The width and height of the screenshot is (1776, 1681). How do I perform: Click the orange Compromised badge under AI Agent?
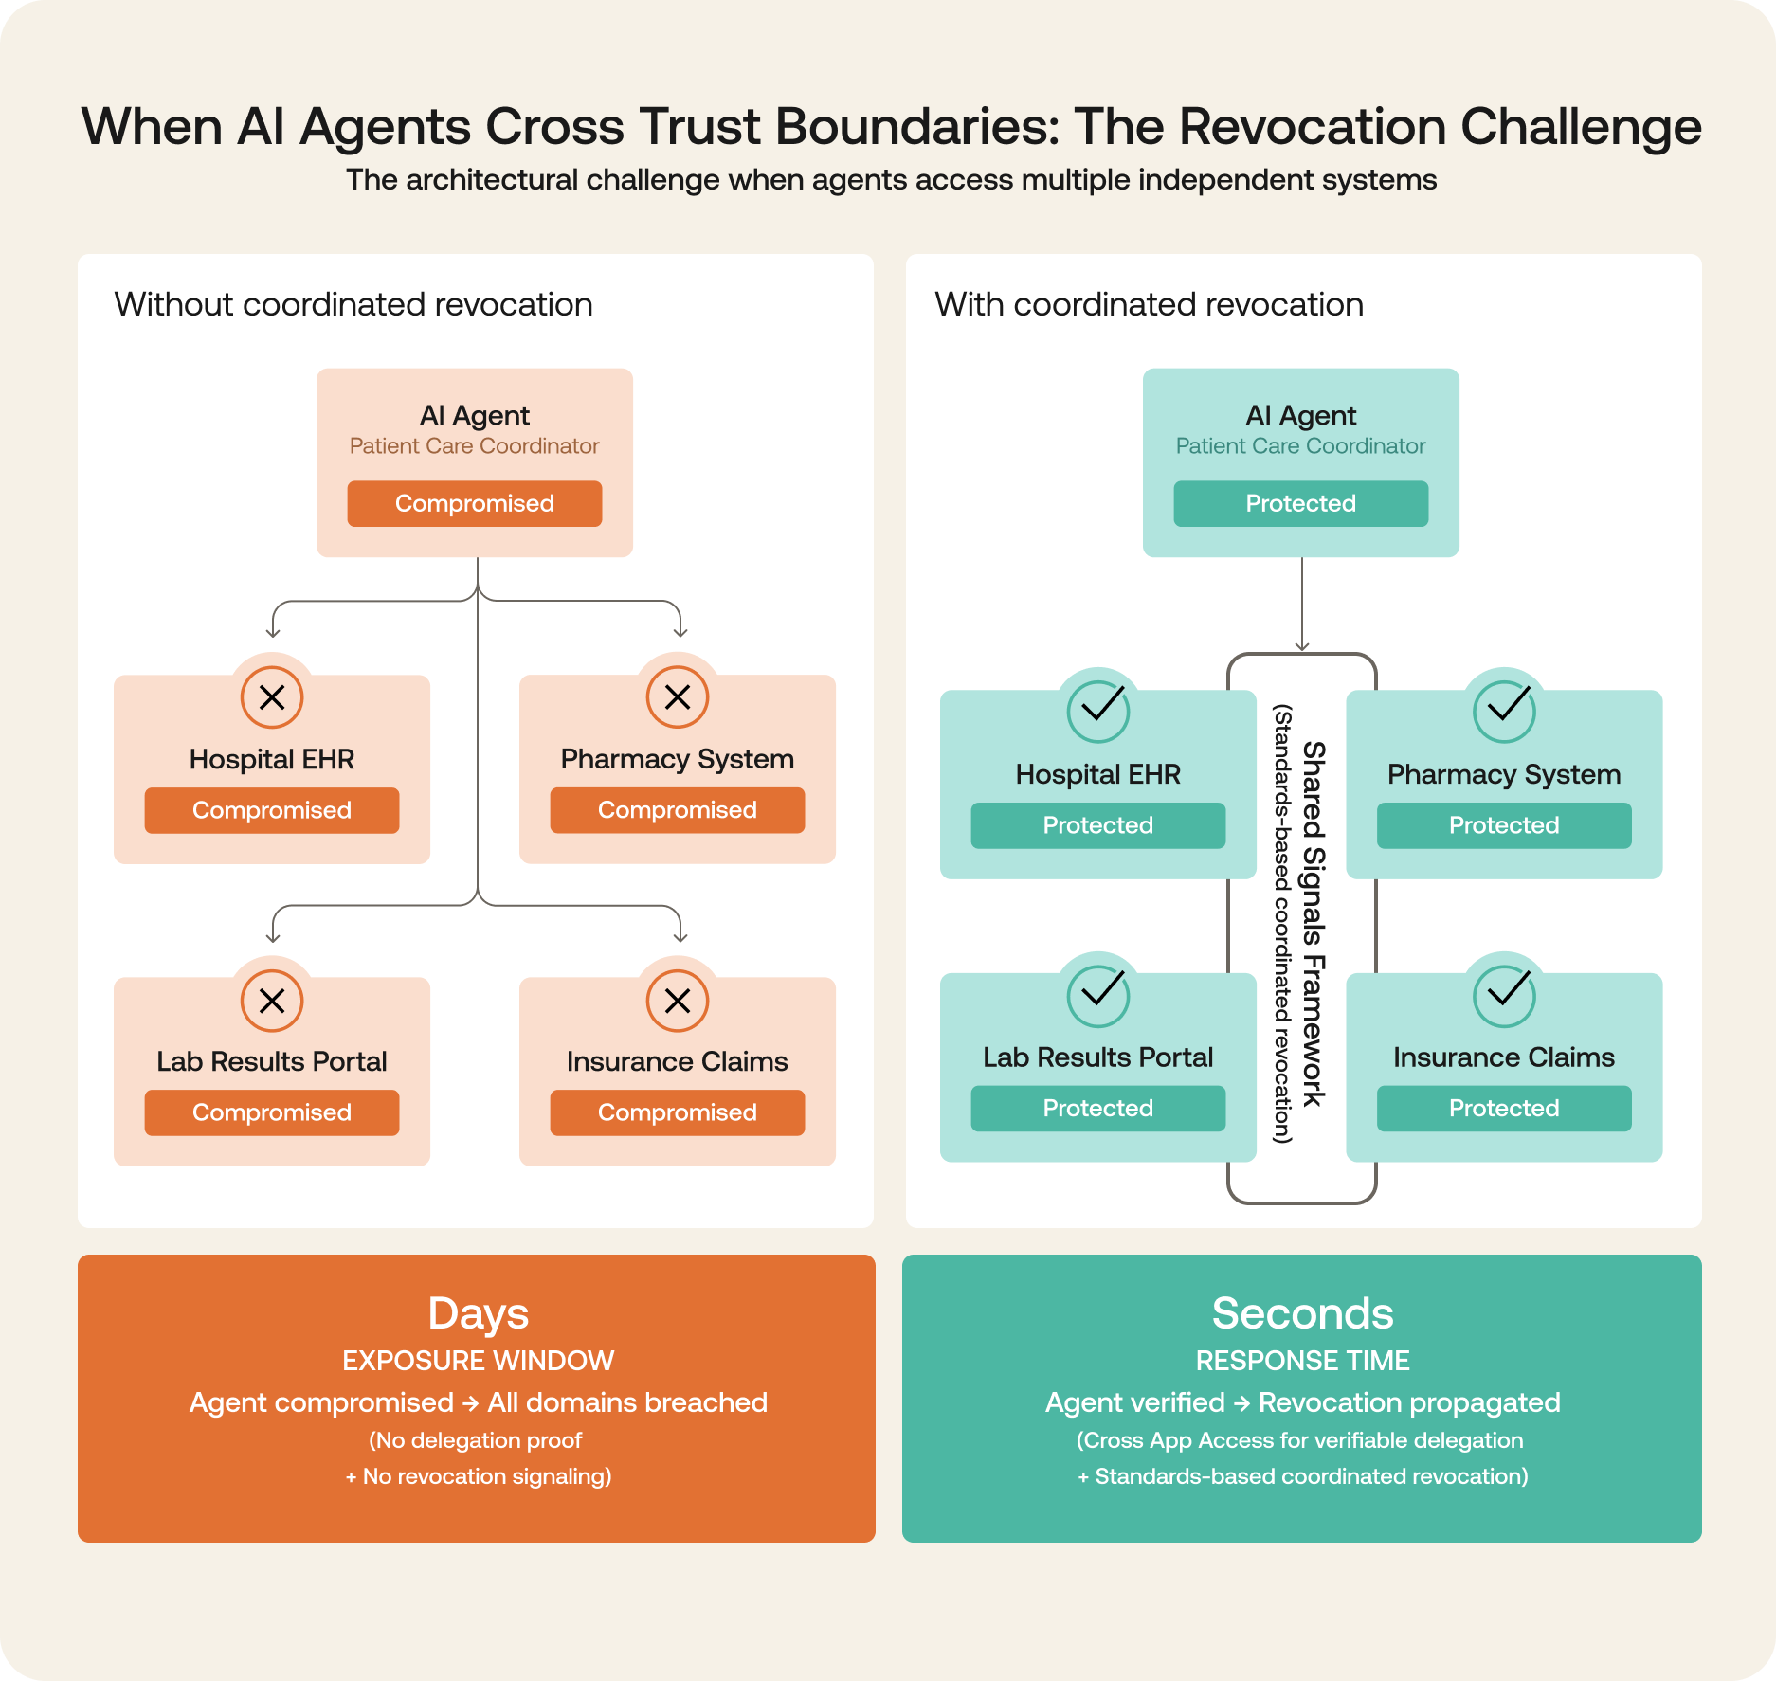point(474,503)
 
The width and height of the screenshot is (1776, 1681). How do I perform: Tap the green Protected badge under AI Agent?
point(1300,503)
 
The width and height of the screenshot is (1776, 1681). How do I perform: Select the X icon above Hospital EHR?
point(272,697)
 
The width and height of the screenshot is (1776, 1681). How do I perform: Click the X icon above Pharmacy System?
point(678,697)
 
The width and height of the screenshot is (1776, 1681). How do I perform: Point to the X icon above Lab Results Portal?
point(272,1001)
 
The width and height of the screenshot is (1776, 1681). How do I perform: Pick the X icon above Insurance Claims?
point(678,1001)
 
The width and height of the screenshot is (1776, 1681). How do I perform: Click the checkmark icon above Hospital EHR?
point(1098,711)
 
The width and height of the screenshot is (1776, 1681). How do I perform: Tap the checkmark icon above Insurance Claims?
point(1504,995)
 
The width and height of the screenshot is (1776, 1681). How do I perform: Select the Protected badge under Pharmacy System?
point(1504,825)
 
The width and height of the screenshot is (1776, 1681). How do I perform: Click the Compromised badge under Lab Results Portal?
point(272,1112)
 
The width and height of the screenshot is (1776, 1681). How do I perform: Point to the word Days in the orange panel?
point(478,1313)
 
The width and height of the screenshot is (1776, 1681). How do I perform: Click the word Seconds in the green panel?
point(1302,1313)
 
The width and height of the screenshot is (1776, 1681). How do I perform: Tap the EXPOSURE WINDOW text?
point(478,1361)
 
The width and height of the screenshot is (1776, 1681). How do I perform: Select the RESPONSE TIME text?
point(1302,1361)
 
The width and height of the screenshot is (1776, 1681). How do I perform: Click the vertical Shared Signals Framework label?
point(1313,924)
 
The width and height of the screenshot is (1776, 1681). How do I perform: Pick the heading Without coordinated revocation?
point(353,304)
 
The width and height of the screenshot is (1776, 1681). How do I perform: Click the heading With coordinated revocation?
point(1149,304)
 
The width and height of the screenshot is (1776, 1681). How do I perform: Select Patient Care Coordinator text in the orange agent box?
point(474,445)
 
